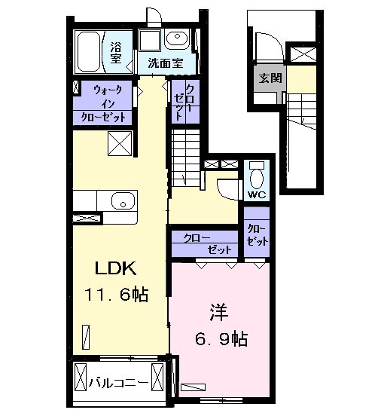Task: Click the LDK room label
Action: tap(116, 268)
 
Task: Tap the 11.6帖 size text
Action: tap(116, 294)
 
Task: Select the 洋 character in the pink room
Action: tap(219, 312)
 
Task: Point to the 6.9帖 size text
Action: tap(221, 338)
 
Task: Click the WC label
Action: tap(257, 195)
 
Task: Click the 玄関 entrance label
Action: tap(270, 78)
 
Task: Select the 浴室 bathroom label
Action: tap(117, 53)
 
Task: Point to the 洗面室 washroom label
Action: tap(166, 63)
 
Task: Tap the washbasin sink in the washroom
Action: tap(177, 38)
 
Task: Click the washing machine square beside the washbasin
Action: tap(150, 41)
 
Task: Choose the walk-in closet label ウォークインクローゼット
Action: tap(102, 103)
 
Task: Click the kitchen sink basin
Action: tap(123, 200)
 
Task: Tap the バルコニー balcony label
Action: tap(118, 383)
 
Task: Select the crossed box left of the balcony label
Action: tap(81, 378)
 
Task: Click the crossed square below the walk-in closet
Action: tap(120, 143)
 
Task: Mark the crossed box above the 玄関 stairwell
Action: tap(303, 54)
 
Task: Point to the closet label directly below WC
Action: tap(257, 235)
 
